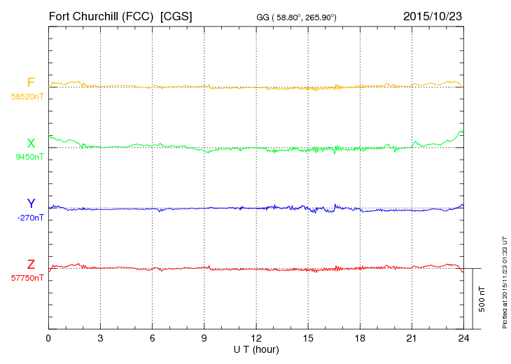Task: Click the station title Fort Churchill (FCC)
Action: click(101, 16)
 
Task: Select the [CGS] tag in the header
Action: click(176, 16)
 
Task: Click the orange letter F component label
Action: click(31, 83)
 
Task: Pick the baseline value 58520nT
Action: click(27, 97)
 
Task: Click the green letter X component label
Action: click(31, 143)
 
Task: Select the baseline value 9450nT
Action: click(29, 157)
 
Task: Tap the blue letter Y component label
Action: click(31, 204)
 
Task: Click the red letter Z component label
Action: click(31, 264)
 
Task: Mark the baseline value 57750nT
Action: click(27, 278)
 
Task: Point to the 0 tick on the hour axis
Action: click(48, 337)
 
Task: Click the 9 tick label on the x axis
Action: click(204, 337)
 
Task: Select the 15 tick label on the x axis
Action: click(308, 337)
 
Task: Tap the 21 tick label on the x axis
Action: click(412, 337)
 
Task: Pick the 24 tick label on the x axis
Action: click(463, 337)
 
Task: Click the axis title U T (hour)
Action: click(256, 349)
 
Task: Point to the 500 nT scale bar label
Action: click(482, 299)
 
